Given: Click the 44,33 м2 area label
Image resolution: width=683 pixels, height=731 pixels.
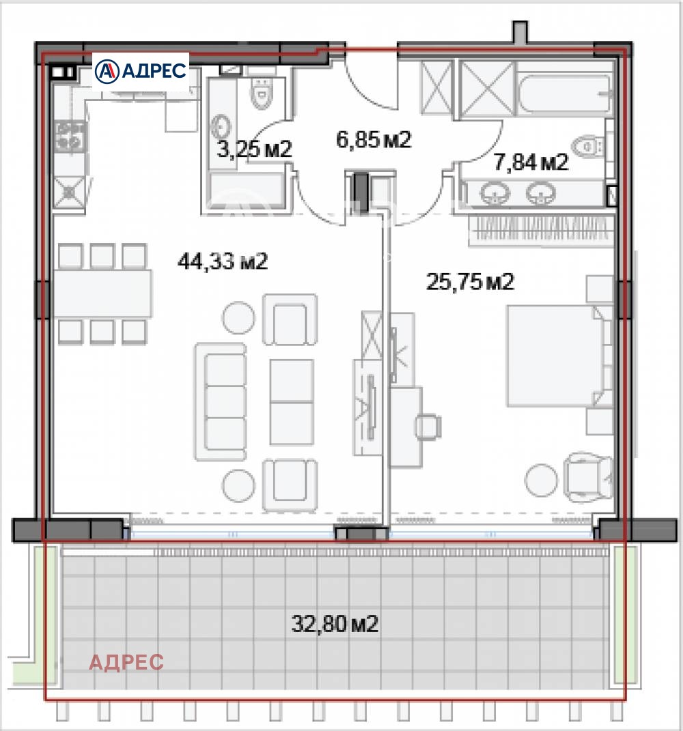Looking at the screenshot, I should click(221, 261).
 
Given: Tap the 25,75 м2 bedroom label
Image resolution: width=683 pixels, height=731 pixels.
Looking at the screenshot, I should click(469, 282).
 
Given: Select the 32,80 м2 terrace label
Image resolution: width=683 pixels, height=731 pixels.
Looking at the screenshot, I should click(335, 623).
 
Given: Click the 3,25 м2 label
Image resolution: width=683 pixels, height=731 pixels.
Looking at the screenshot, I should click(254, 149).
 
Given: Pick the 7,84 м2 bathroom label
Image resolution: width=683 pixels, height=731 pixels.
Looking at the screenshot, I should click(530, 162).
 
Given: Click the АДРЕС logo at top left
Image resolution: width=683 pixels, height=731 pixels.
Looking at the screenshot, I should click(141, 70).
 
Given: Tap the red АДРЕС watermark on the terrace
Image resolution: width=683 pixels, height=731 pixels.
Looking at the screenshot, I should click(126, 662).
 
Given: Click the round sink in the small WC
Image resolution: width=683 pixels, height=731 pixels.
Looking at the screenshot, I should click(221, 126).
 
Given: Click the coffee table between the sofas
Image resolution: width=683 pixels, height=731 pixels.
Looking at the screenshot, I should click(291, 402).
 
